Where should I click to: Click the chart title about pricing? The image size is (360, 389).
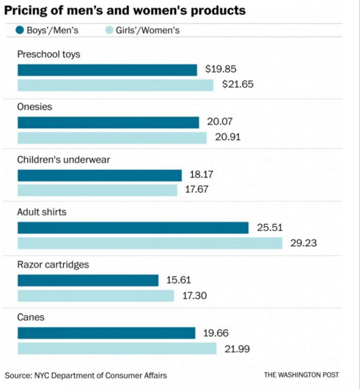point(125,10)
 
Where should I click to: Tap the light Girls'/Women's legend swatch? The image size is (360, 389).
point(108,31)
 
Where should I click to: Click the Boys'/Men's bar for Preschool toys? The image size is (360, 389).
point(107,70)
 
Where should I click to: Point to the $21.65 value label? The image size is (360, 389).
point(238,85)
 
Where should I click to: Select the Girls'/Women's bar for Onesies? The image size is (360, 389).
point(112,138)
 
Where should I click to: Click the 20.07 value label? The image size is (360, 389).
point(218,122)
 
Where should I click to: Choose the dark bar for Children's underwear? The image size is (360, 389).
point(99,175)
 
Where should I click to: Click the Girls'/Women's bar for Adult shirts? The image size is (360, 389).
point(150,242)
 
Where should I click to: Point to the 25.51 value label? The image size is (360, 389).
point(270,228)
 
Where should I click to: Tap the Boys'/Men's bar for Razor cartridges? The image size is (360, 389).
point(87,281)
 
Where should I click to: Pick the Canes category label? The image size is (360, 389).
point(32,317)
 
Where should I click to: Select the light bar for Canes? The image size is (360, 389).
point(117,348)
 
